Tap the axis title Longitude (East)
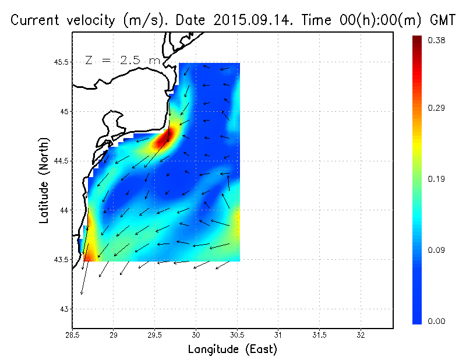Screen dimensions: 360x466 click(232, 350)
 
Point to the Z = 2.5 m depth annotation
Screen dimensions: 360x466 click(122, 60)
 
